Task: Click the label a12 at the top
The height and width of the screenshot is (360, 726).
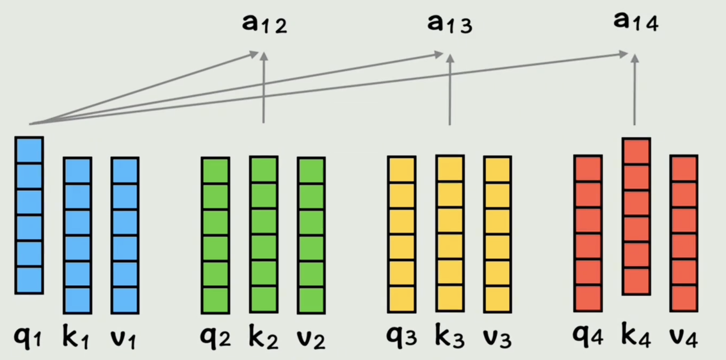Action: pos(264,24)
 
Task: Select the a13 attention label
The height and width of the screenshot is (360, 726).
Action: pos(449,24)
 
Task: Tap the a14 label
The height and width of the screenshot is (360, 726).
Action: pos(635,22)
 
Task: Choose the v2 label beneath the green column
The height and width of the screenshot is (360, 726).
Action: pos(311,337)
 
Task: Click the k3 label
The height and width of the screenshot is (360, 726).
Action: pos(449,337)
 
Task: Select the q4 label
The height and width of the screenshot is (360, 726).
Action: pos(587,336)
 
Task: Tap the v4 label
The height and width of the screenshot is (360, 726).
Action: pos(684,336)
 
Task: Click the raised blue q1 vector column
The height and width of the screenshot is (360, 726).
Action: pos(29,215)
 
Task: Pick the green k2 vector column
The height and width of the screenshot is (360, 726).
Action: pos(263,234)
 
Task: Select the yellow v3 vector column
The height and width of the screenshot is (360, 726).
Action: pos(497,234)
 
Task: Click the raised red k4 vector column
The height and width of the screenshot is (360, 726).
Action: pos(636,216)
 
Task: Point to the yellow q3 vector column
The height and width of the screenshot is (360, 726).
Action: pos(401,234)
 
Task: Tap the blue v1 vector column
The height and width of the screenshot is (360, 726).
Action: pos(125,235)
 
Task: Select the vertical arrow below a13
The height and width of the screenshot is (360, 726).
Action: pos(449,90)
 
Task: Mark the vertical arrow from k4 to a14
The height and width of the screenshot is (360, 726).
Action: pos(634,90)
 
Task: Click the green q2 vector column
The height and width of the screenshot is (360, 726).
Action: pos(215,234)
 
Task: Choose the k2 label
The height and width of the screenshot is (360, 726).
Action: pos(263,337)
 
